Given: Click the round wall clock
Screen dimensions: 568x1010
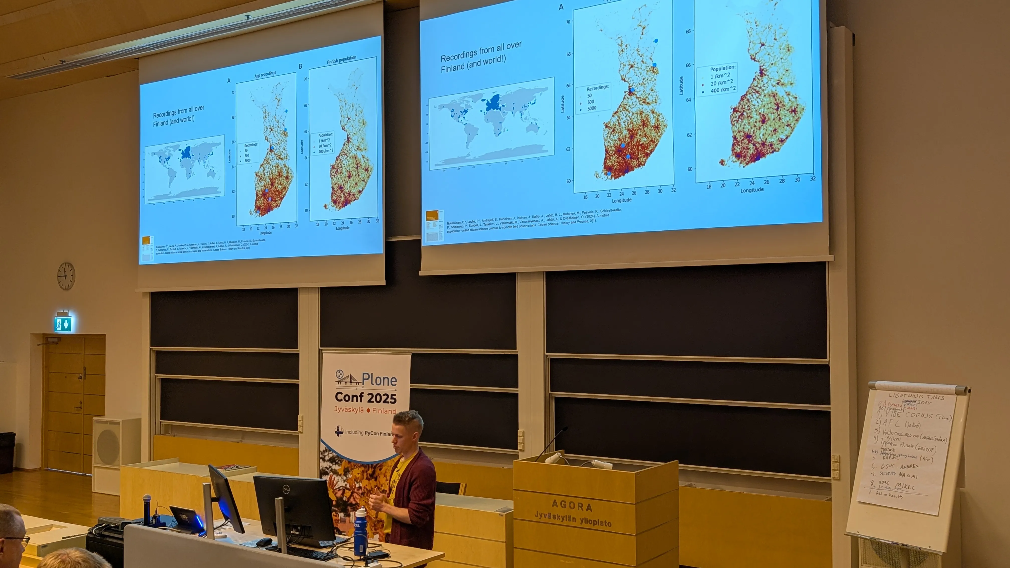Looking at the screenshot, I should (66, 276).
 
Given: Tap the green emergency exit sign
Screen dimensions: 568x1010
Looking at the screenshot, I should (63, 324).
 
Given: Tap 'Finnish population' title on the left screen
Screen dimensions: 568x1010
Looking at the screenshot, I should (341, 60).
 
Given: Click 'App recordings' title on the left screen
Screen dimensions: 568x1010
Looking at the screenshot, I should (265, 74).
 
